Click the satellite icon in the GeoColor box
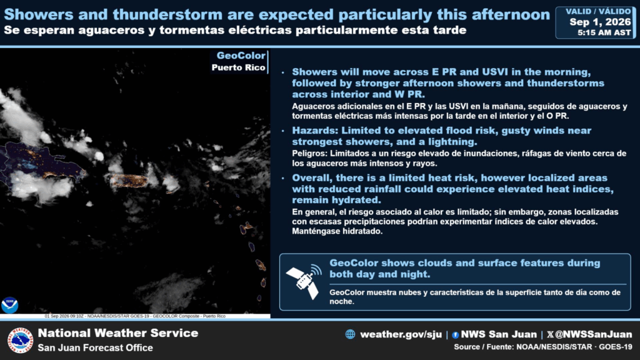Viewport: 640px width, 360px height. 302,281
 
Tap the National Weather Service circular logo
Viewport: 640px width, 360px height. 19,340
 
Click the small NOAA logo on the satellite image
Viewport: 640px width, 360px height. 9,305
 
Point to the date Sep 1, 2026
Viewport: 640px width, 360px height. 600,22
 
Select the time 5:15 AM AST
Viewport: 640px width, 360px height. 604,32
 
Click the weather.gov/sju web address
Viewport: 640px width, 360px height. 401,334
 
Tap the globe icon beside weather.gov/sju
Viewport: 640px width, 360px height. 350,334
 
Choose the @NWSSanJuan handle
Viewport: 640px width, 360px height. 594,334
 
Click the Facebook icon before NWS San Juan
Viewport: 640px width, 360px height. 456,335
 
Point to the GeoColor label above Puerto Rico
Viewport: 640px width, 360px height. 241,56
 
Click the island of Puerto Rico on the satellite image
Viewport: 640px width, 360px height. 128,181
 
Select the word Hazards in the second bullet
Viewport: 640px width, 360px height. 315,131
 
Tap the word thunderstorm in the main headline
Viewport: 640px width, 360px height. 168,15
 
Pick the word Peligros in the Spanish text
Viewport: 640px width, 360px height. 309,154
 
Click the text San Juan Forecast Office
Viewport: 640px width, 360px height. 96,347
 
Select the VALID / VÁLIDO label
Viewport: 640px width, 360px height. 598,11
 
